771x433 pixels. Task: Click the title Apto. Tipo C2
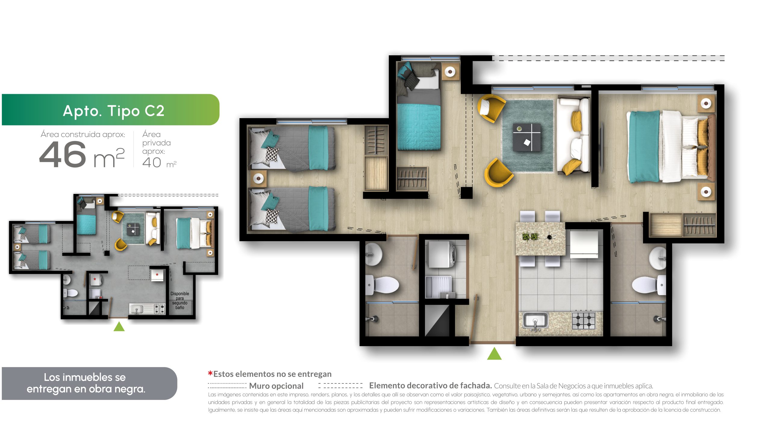[114, 111]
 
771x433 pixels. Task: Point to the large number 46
[63, 155]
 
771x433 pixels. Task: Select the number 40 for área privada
[152, 162]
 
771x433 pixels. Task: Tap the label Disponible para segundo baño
[180, 300]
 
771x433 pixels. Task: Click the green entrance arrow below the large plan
[494, 354]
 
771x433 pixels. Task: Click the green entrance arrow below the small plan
[119, 327]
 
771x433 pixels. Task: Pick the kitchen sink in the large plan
[535, 321]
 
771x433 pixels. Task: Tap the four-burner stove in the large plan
[584, 321]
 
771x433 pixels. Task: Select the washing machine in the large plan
[442, 254]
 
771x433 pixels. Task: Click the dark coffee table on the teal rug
[527, 137]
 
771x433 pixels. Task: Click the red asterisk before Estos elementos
[210, 373]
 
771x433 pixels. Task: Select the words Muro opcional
[276, 386]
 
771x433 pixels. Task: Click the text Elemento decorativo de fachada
[430, 385]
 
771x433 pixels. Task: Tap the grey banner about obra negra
[89, 383]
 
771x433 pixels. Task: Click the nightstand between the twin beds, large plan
[258, 179]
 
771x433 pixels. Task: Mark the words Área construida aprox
[83, 134]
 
